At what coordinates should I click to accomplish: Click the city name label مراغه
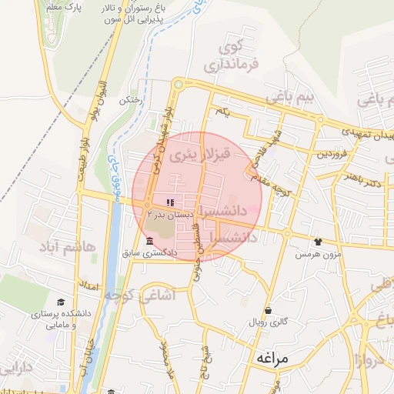[x=269, y=358]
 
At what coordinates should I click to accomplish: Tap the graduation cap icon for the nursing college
[x=60, y=302]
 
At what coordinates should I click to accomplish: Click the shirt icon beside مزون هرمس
[x=316, y=242]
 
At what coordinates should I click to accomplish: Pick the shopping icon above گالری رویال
[x=267, y=310]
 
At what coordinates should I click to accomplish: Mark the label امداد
[x=91, y=286]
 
